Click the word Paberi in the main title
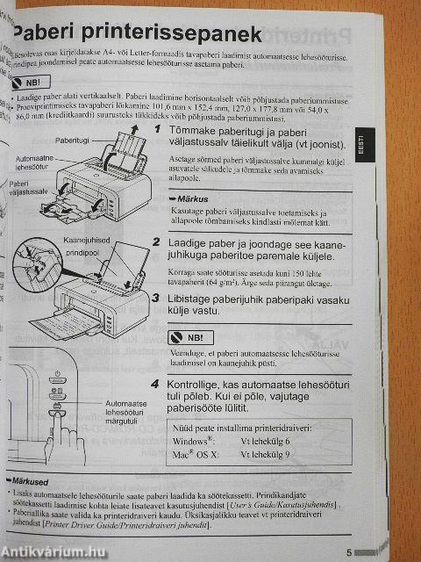[54, 35]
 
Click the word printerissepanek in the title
[180, 35]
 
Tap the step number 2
[156, 241]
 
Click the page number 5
[348, 552]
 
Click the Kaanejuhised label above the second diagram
[87, 241]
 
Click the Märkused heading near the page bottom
[30, 482]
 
